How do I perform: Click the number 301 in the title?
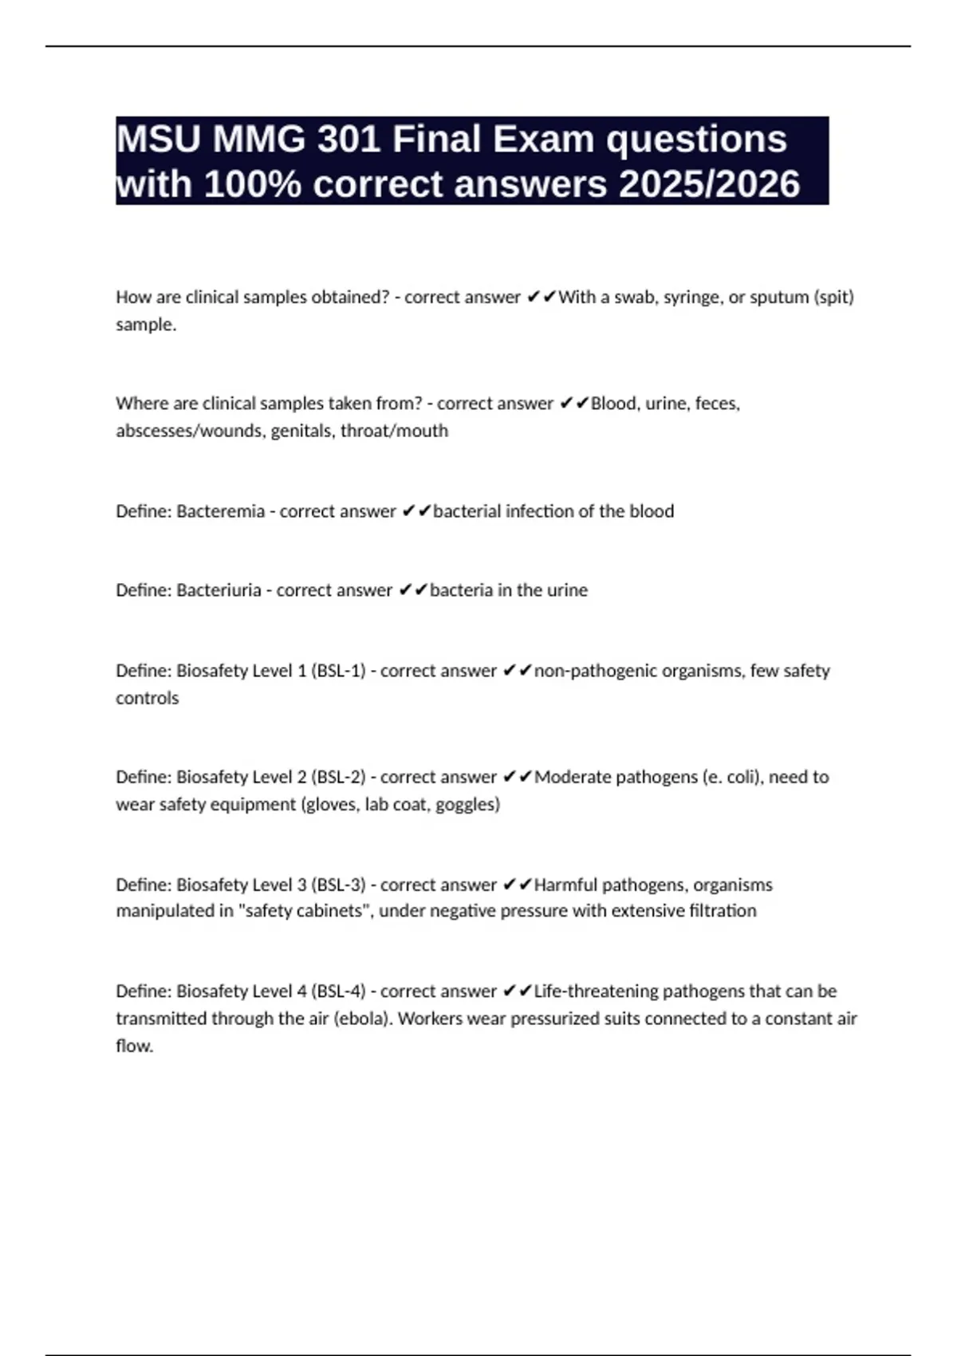pyautogui.click(x=349, y=140)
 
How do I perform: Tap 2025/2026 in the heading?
pyautogui.click(x=709, y=184)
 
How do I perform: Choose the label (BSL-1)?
pyautogui.click(x=338, y=671)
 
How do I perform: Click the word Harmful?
pyautogui.click(x=565, y=885)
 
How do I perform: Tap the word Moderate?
pyautogui.click(x=574, y=777)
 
